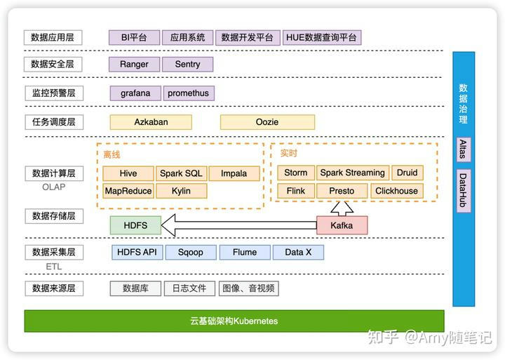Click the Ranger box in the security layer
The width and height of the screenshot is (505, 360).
(134, 65)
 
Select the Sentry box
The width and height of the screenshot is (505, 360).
(187, 65)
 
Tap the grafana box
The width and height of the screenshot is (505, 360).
(135, 93)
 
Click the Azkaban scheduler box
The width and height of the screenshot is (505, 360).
(151, 122)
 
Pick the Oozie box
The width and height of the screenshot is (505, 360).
(267, 122)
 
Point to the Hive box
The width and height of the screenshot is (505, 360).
(128, 173)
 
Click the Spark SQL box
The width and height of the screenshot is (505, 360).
(181, 173)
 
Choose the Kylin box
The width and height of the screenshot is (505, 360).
(181, 191)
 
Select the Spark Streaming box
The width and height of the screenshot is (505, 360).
(353, 173)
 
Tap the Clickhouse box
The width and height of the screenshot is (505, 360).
(396, 191)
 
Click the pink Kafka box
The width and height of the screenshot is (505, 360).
(342, 225)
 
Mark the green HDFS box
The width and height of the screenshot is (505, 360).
(135, 225)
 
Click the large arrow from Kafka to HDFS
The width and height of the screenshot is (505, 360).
(238, 225)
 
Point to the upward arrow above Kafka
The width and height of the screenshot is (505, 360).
(342, 208)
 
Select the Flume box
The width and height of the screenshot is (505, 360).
(244, 252)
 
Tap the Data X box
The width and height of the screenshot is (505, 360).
(298, 252)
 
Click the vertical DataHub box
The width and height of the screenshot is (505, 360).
(463, 190)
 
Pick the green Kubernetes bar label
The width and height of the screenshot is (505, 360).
(234, 321)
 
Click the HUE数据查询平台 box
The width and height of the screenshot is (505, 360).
(323, 38)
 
